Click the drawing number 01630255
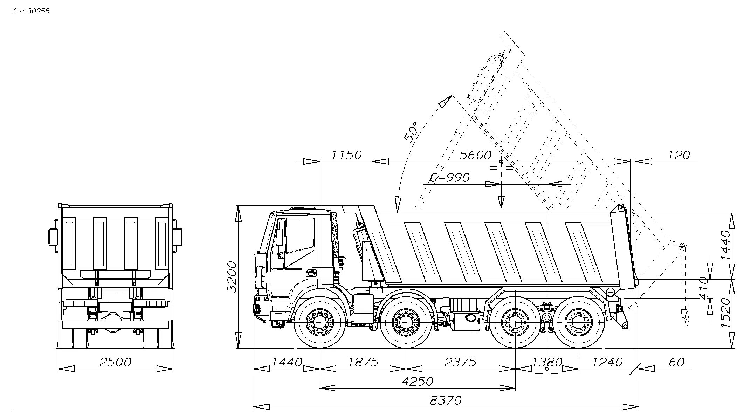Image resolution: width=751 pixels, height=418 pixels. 32,11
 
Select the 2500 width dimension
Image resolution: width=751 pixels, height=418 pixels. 115,362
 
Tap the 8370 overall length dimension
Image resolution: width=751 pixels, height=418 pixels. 446,400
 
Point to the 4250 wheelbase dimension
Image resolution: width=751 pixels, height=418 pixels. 417,381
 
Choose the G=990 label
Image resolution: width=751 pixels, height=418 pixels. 450,178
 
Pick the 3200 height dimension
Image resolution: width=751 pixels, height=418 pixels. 232,276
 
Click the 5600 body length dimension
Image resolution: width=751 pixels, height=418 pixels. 475,155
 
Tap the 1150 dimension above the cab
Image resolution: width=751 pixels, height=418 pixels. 346,155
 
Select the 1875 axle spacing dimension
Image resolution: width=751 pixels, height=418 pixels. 363,362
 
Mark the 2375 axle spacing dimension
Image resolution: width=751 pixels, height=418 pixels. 460,362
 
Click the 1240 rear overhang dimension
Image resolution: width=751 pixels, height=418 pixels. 607,362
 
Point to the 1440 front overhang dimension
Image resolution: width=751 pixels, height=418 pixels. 287,362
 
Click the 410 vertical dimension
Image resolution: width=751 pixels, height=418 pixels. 704,288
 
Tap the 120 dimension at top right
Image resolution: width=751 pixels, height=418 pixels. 679,155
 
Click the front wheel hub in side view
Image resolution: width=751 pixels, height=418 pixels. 319,321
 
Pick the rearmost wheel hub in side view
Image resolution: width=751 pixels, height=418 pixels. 578,322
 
